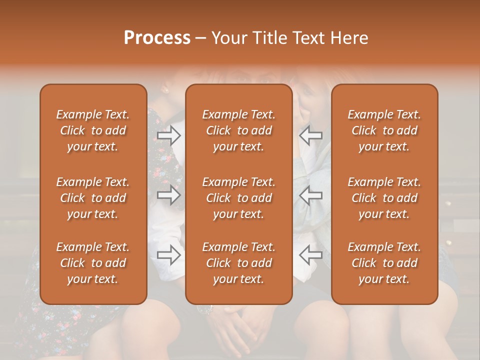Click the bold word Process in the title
click(157, 38)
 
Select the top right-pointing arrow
click(169, 135)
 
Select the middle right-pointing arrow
click(169, 195)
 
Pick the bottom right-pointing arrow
click(169, 255)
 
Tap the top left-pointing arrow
click(310, 135)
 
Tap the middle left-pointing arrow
click(310, 195)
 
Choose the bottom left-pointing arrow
click(310, 255)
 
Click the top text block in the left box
click(93, 130)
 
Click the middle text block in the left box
click(93, 198)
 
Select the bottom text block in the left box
click(93, 263)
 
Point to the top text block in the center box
click(239, 130)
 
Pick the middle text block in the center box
click(239, 198)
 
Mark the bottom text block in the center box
click(239, 263)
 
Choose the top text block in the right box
click(384, 130)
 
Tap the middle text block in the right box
click(384, 198)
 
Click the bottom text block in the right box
click(384, 263)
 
